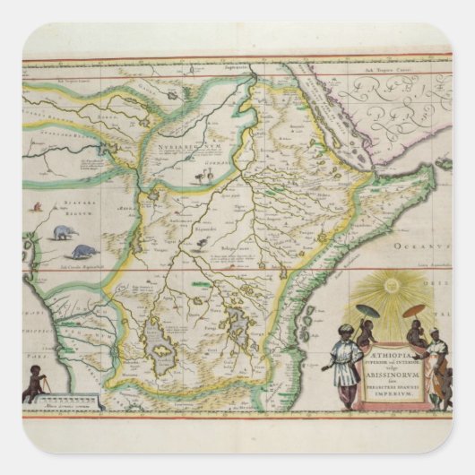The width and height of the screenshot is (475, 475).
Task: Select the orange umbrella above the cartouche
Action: [414, 310]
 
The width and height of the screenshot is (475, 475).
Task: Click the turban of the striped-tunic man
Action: [344, 332]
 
